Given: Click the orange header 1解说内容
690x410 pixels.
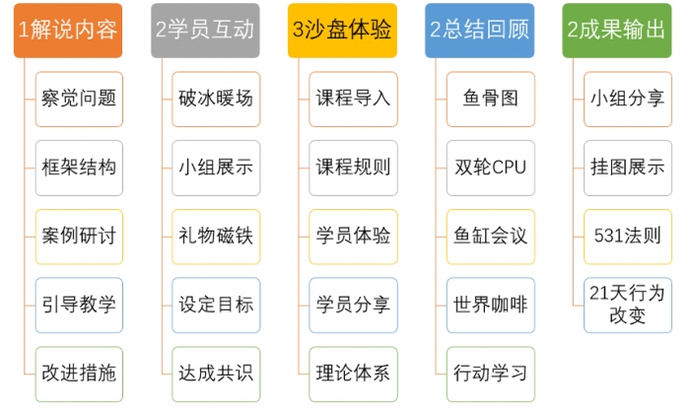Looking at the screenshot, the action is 68,31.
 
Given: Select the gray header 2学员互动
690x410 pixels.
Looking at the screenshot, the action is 205,31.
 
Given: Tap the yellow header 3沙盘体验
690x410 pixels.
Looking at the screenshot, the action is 342,31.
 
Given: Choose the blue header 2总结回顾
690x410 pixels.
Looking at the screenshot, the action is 480,31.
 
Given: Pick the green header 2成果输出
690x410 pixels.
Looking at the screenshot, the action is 617,31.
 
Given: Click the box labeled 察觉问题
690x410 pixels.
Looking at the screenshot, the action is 79,99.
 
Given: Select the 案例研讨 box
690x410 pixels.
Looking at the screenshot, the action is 79,237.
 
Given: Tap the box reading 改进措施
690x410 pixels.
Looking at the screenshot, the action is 79,374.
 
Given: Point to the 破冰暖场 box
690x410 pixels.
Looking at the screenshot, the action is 216,99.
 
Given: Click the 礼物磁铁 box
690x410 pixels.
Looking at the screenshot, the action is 216,237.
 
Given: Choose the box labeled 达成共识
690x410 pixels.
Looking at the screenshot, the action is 216,374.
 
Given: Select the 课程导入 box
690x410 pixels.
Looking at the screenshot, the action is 353,99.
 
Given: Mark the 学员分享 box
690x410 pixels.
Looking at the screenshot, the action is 353,306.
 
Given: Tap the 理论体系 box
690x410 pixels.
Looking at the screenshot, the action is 353,374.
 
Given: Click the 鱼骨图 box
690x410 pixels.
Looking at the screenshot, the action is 491,99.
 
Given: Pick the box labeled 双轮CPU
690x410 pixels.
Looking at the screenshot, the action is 491,169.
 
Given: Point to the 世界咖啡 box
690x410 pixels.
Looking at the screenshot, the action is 491,306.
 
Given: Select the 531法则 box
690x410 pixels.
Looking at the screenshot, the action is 628,237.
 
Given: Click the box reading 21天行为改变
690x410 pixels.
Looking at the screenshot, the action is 628,306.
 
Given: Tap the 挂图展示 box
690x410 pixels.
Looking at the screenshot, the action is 628,169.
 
